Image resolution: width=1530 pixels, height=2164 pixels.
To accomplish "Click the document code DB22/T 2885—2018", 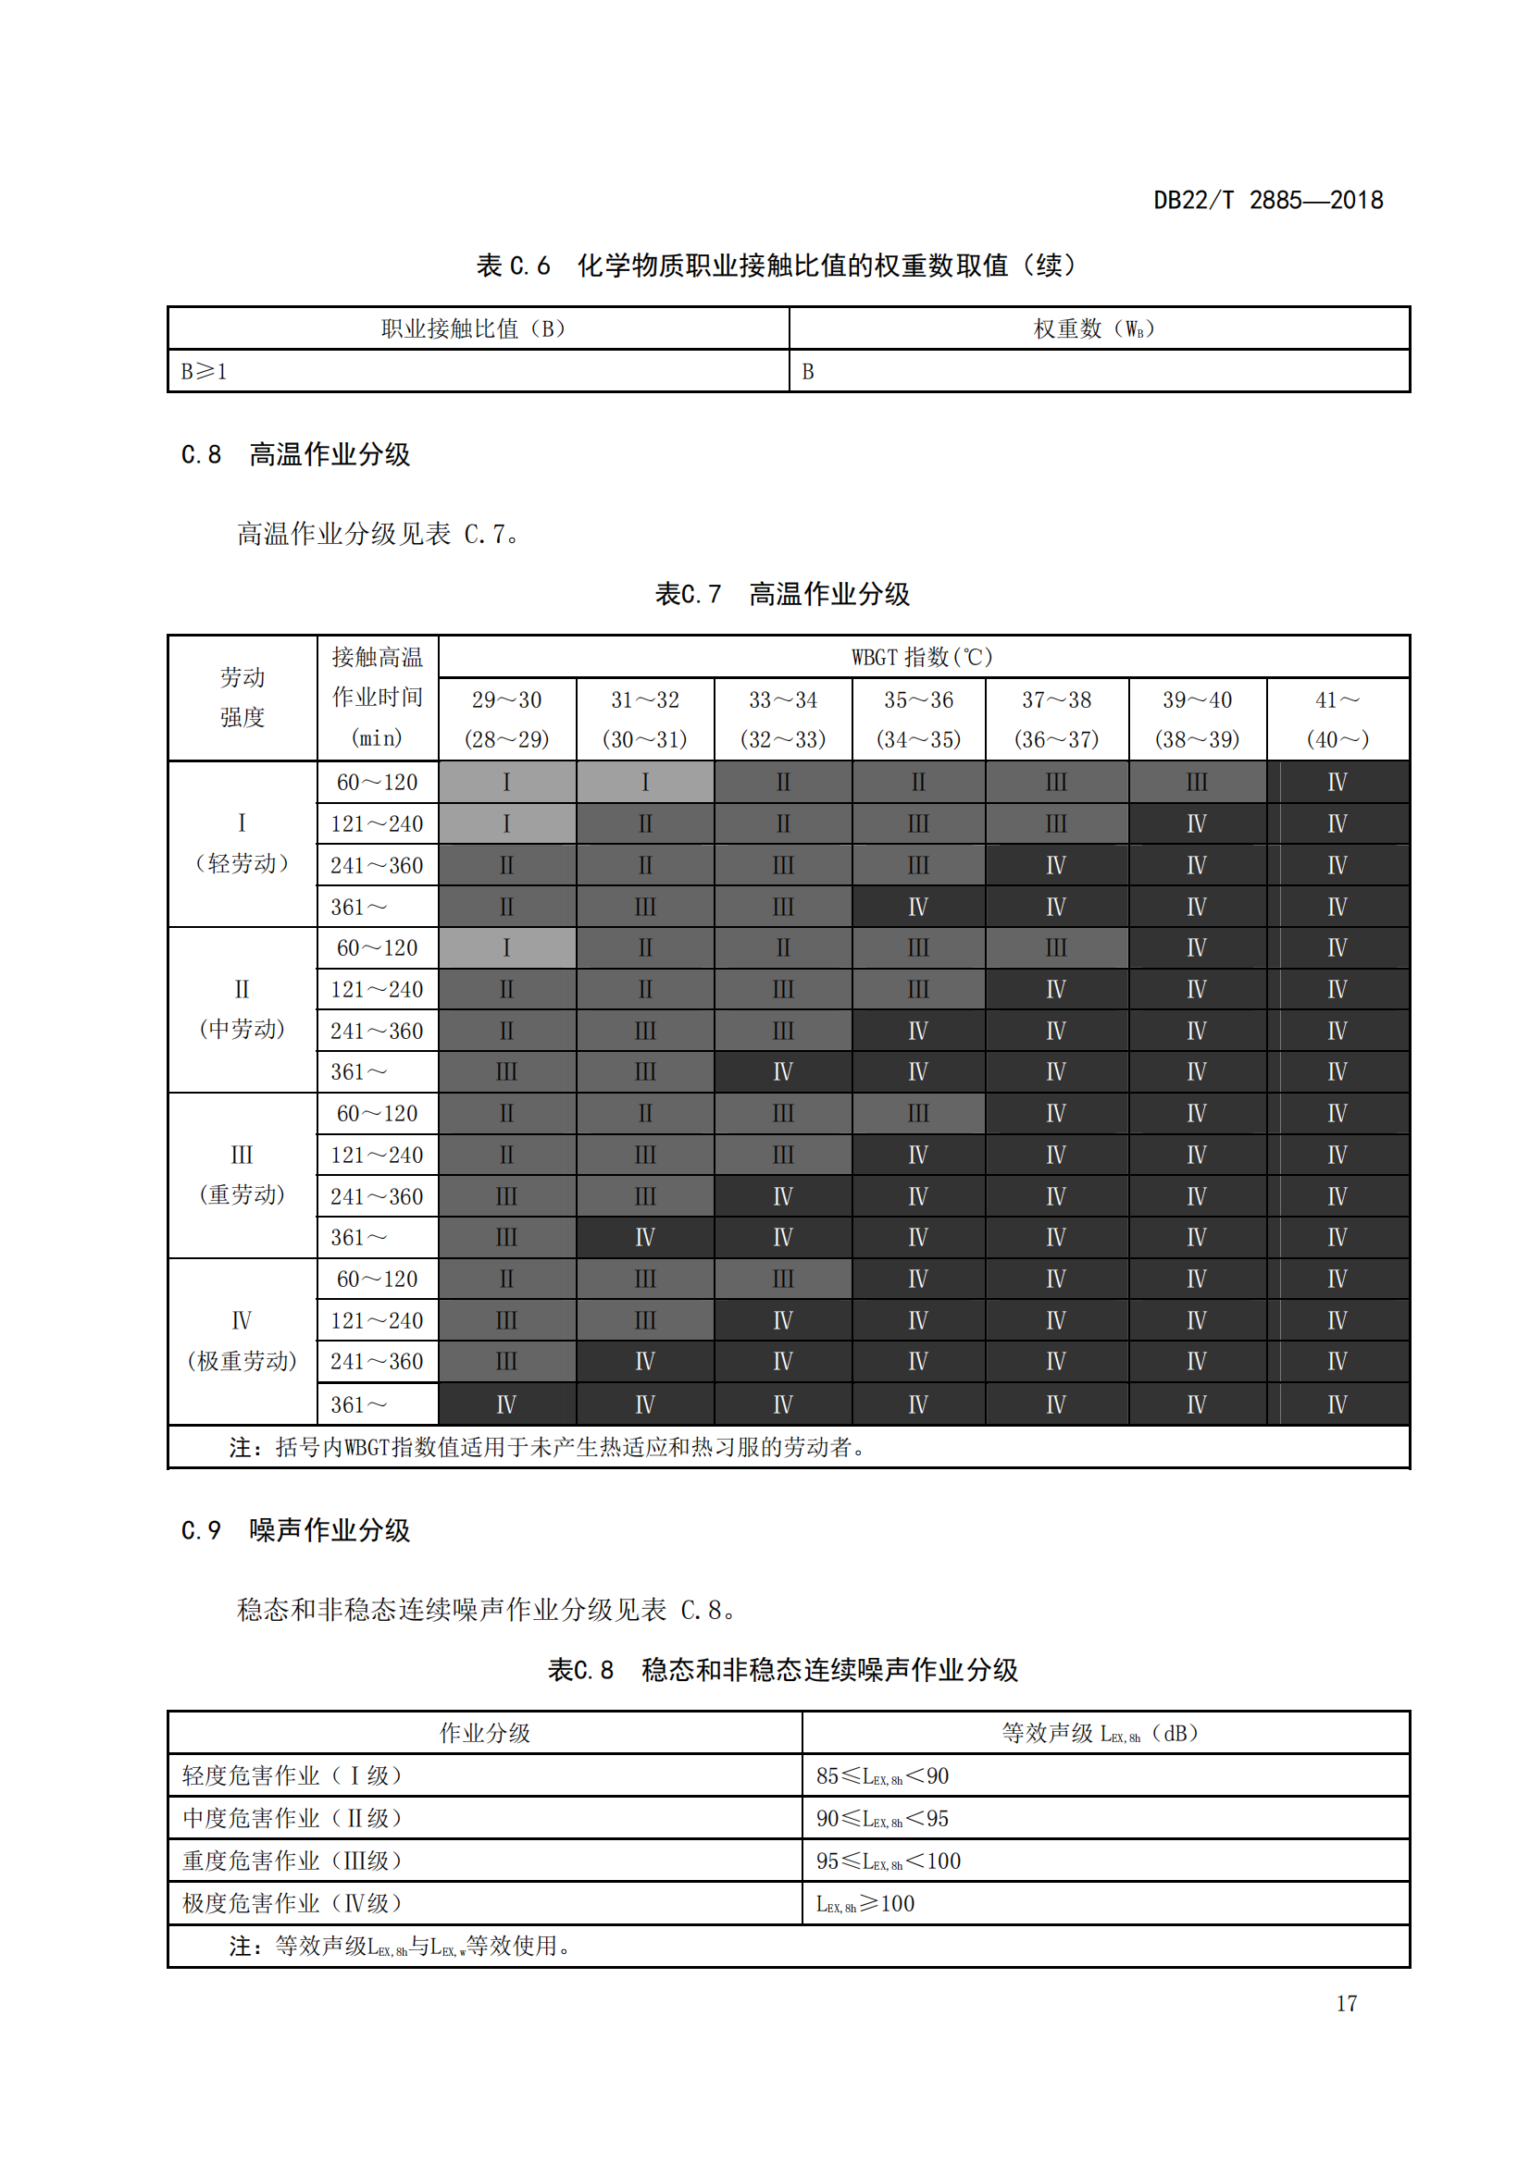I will (1268, 200).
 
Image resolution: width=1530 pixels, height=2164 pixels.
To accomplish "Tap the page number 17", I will (1346, 2003).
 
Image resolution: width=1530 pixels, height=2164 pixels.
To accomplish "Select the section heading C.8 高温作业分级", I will (295, 454).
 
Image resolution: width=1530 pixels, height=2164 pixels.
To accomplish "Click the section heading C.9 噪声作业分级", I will (295, 1529).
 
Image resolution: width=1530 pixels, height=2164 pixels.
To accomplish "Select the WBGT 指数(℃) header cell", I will (922, 657).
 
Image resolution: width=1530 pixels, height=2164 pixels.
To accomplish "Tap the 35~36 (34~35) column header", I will (918, 719).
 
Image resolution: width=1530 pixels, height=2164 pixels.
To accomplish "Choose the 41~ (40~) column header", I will (1337, 719).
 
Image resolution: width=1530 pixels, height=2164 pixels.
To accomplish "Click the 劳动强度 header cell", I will (243, 698).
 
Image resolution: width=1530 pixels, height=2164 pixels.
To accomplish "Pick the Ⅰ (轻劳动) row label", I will (243, 844).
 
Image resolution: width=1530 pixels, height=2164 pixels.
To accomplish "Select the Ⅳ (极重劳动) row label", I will (243, 1341).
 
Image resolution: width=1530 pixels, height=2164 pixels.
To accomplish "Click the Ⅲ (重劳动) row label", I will (243, 1174).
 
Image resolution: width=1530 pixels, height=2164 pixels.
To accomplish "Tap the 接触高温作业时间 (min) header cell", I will (377, 698).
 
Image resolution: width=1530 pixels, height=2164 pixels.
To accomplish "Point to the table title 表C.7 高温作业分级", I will (781, 594).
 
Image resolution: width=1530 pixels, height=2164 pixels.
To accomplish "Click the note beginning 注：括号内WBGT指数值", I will (547, 1447).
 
